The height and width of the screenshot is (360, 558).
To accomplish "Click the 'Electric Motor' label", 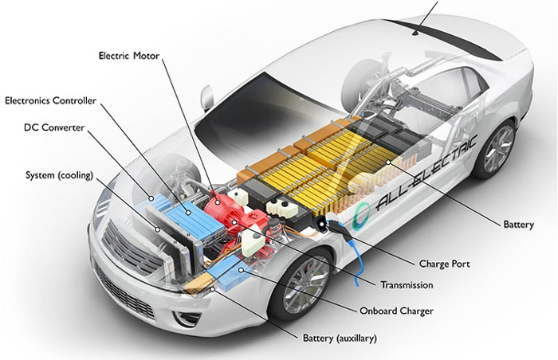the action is (x=129, y=56).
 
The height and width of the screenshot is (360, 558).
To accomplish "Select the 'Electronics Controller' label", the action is (x=50, y=100).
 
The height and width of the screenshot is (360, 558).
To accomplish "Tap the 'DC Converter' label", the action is (x=54, y=127).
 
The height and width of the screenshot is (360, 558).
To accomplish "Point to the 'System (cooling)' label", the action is (x=60, y=175).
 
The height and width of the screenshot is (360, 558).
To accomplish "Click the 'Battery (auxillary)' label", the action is (x=340, y=338).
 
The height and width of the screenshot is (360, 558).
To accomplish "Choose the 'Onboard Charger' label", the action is (x=396, y=311).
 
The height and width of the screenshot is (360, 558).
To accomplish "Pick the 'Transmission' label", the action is (x=407, y=285).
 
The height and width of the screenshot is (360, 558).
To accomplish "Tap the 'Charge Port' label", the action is (x=445, y=264).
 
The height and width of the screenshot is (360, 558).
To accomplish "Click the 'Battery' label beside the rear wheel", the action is (x=518, y=225).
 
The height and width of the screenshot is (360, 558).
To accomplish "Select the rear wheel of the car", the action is (x=496, y=150).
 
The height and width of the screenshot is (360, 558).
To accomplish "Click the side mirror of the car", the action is (x=206, y=99).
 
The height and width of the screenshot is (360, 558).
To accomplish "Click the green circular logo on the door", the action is (x=360, y=216).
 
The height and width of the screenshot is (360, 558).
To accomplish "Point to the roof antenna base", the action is (x=415, y=33).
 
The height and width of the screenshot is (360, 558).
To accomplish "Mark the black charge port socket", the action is (x=322, y=224).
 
